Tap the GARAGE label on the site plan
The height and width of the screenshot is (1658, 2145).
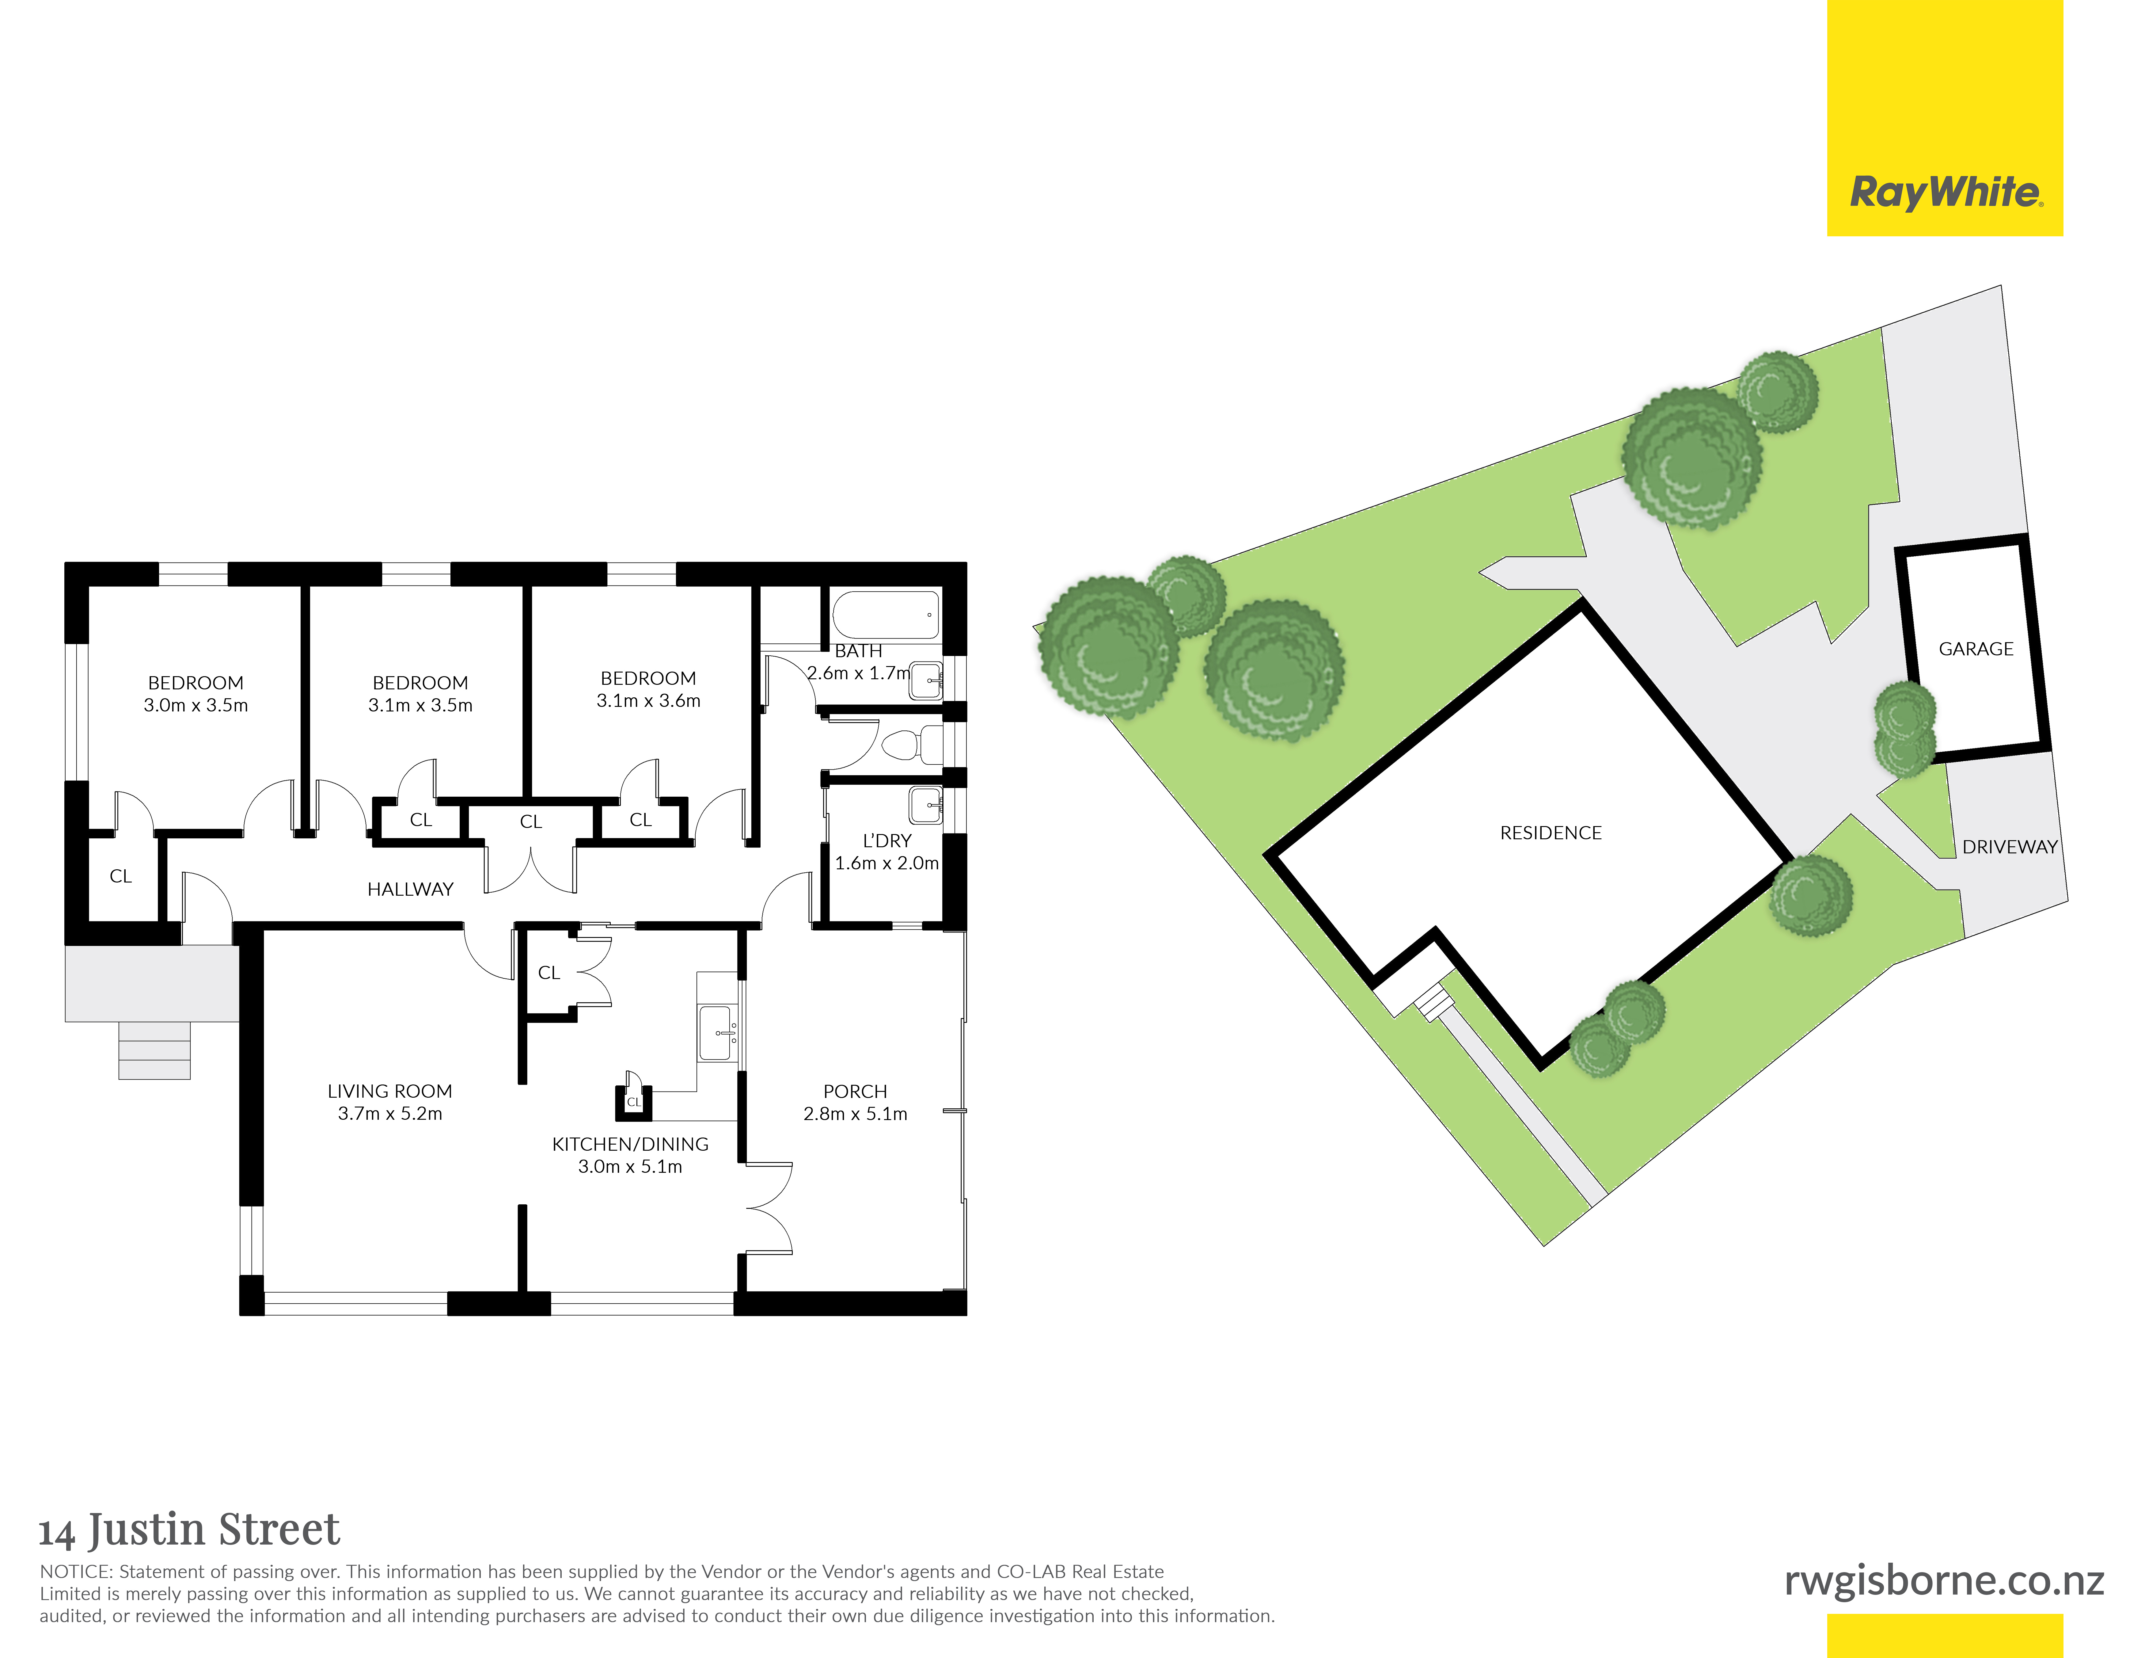[1976, 649]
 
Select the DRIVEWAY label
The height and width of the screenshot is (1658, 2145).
[2010, 847]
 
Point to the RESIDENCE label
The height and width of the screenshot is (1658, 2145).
[1551, 833]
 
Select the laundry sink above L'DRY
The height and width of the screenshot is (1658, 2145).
[925, 806]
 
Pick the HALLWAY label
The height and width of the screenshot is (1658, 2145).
[411, 889]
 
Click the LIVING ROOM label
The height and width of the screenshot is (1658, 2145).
[390, 1091]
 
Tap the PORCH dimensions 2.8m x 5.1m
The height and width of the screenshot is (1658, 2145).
[856, 1114]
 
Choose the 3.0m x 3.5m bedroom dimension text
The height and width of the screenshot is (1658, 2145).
[196, 705]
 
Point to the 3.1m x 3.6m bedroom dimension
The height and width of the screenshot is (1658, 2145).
[648, 700]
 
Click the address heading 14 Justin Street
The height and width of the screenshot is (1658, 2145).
[190, 1529]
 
